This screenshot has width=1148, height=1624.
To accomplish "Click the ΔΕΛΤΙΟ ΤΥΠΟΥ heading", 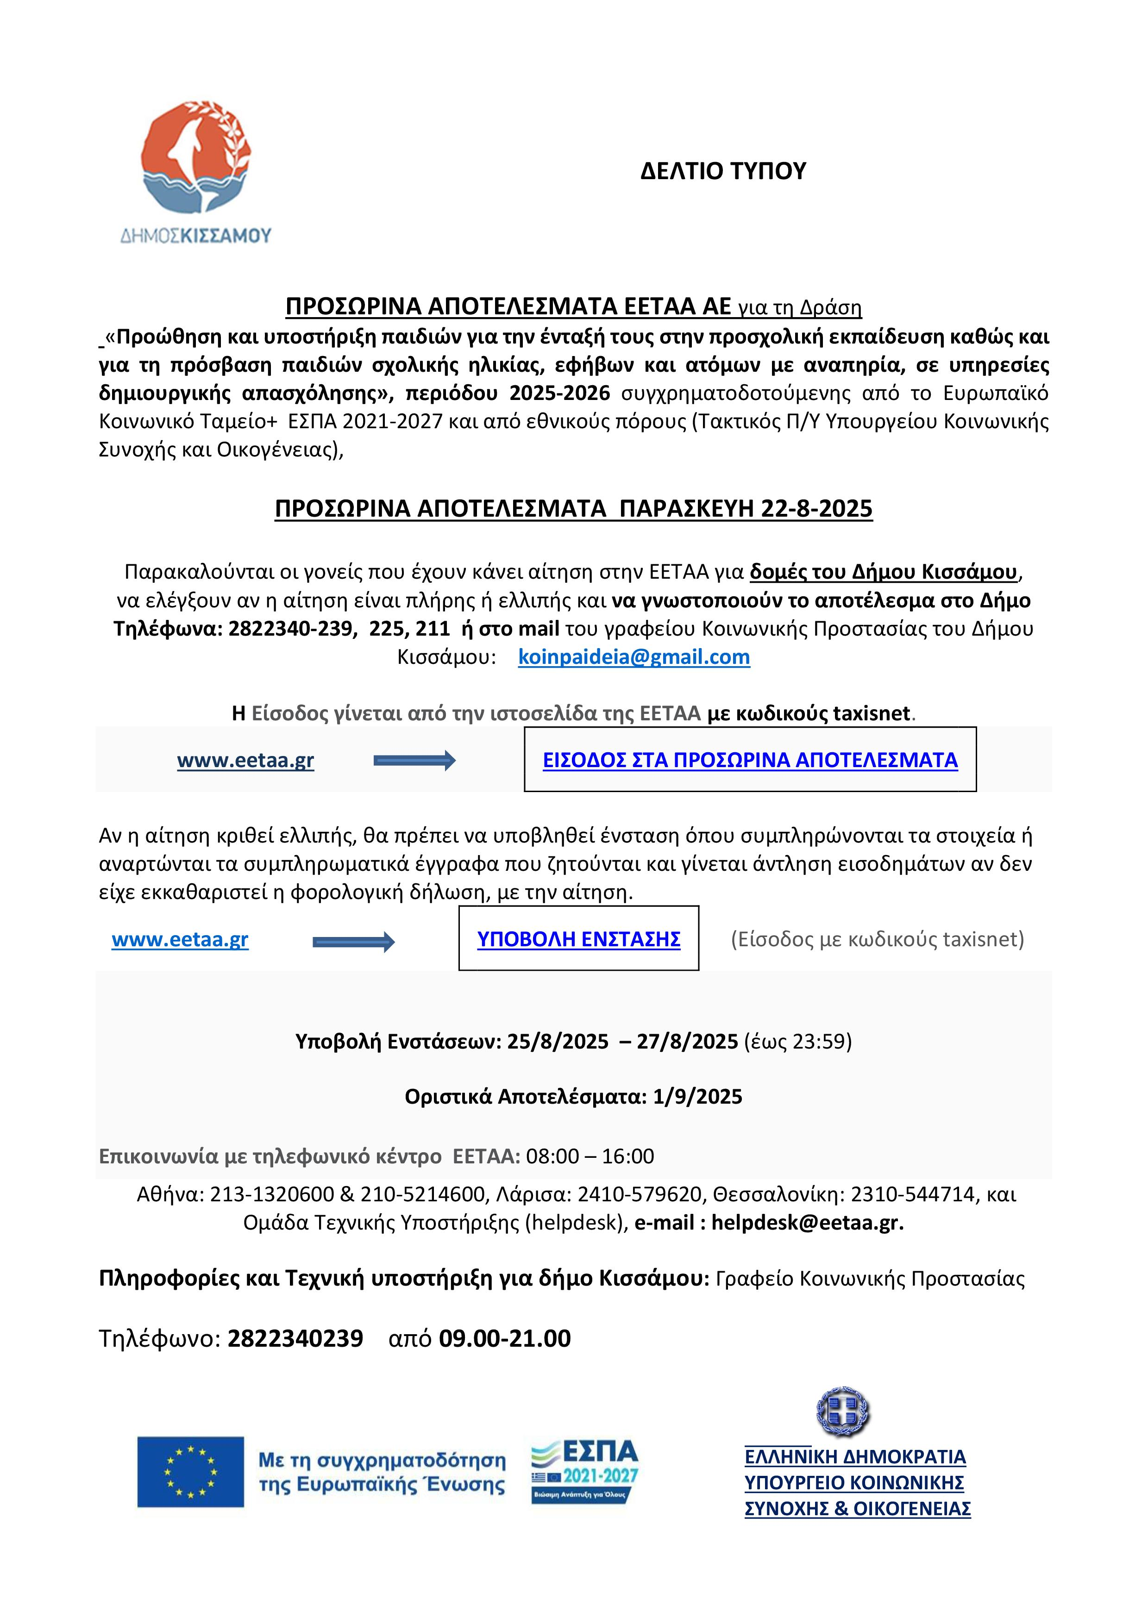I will tap(723, 171).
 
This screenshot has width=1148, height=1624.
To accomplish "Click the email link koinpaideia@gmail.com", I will tap(634, 657).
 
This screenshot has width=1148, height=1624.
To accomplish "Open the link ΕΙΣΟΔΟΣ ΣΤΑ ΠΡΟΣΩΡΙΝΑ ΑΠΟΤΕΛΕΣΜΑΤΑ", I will tap(750, 760).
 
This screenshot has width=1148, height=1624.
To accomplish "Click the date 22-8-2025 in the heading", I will tap(817, 509).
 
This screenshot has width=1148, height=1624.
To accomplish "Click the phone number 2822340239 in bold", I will tap(295, 1338).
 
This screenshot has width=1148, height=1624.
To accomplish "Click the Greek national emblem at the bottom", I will tap(843, 1412).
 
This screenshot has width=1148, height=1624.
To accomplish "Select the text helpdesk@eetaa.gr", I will tap(807, 1222).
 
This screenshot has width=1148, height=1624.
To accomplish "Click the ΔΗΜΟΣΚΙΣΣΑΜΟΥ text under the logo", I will tap(196, 236).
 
